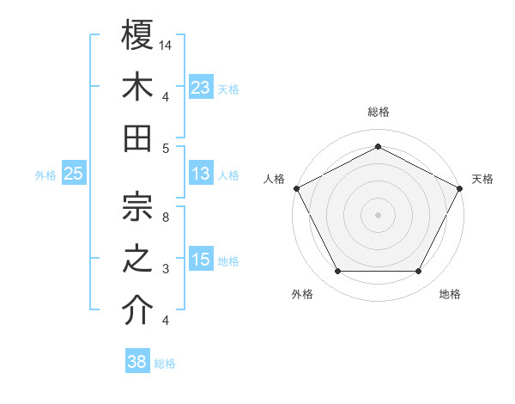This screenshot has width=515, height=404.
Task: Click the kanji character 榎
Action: pyautogui.click(x=138, y=36)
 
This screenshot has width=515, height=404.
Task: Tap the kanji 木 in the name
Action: pyautogui.click(x=138, y=88)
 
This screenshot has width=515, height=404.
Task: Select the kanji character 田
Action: pyautogui.click(x=138, y=138)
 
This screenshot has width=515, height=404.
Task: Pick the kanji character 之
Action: pyautogui.click(x=138, y=259)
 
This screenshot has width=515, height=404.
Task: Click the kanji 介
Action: pyautogui.click(x=138, y=310)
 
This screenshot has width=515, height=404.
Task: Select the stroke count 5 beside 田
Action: pyautogui.click(x=165, y=148)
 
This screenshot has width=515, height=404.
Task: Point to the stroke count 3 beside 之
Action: pyautogui.click(x=165, y=269)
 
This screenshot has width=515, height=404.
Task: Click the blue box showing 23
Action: pyautogui.click(x=201, y=87)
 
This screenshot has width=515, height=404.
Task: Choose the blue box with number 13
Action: pyautogui.click(x=201, y=174)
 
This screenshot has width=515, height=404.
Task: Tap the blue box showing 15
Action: pyautogui.click(x=201, y=260)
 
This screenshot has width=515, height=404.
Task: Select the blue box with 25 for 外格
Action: pyautogui.click(x=74, y=174)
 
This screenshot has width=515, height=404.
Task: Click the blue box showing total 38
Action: pyautogui.click(x=137, y=362)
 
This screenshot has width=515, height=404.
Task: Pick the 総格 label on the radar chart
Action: pyautogui.click(x=379, y=112)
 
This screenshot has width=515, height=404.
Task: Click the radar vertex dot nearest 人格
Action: pyautogui.click(x=296, y=187)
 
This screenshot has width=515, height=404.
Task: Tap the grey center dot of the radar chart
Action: pyautogui.click(x=379, y=214)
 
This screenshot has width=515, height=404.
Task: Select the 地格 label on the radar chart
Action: pyautogui.click(x=450, y=294)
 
